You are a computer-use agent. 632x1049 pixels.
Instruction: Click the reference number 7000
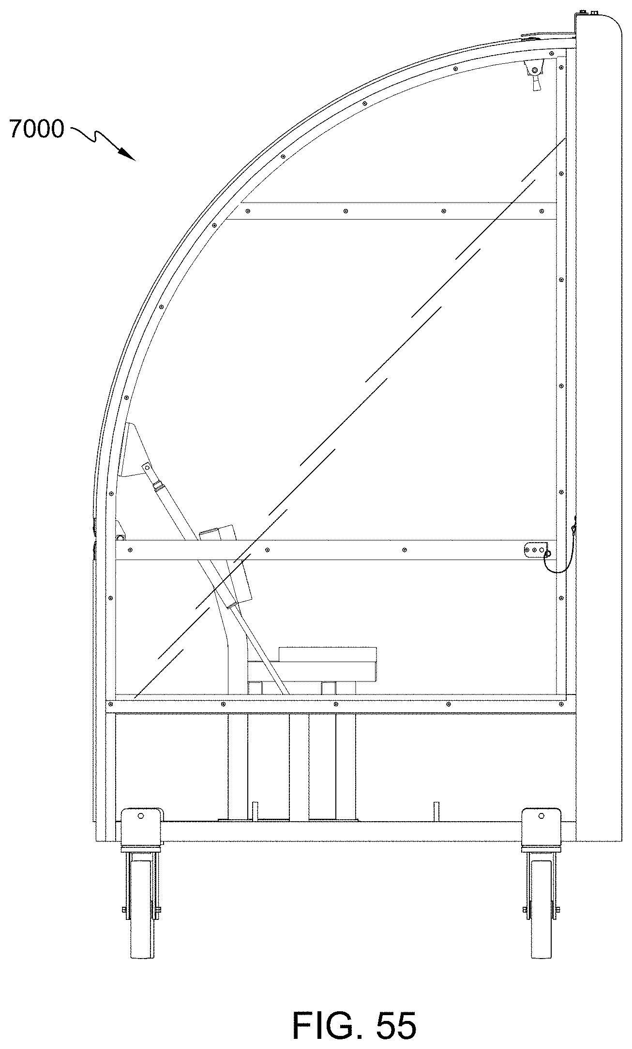pyautogui.click(x=37, y=130)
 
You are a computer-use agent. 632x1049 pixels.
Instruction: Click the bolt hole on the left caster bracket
pyautogui.click(x=141, y=815)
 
